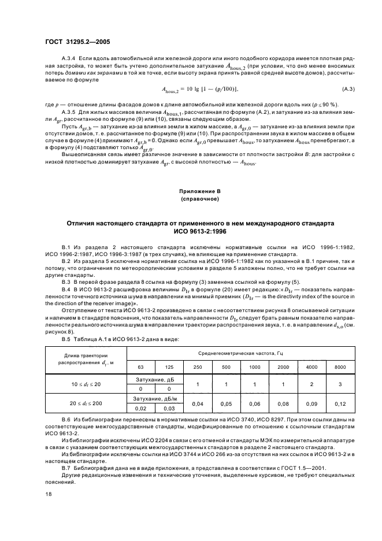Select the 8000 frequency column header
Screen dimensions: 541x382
340,367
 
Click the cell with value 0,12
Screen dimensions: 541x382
340,403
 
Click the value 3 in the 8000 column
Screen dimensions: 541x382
340,383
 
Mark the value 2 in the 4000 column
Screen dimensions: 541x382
311,383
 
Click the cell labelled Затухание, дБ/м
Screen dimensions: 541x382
155,398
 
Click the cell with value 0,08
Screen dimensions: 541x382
283,403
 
